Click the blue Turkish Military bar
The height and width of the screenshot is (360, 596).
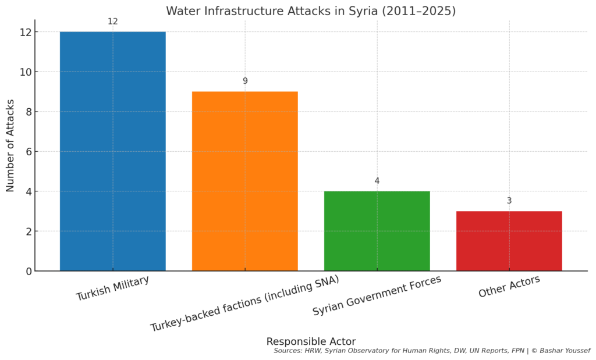(112, 151)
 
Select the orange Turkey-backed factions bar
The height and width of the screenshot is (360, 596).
(244, 181)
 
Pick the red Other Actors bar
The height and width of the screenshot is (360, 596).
(509, 241)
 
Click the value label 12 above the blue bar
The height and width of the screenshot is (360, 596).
(113, 22)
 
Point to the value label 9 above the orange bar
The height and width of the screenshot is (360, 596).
(245, 81)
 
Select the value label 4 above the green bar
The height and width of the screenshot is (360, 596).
(377, 181)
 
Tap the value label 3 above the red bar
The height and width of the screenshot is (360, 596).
(509, 201)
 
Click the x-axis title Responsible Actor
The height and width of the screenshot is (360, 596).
(311, 341)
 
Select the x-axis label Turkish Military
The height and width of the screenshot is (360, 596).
(112, 288)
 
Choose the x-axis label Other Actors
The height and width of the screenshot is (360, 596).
(509, 287)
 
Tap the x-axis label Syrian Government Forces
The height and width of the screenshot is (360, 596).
(377, 295)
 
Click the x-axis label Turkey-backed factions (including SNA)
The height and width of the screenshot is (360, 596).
(244, 303)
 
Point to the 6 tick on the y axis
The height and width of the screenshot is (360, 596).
(26, 151)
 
